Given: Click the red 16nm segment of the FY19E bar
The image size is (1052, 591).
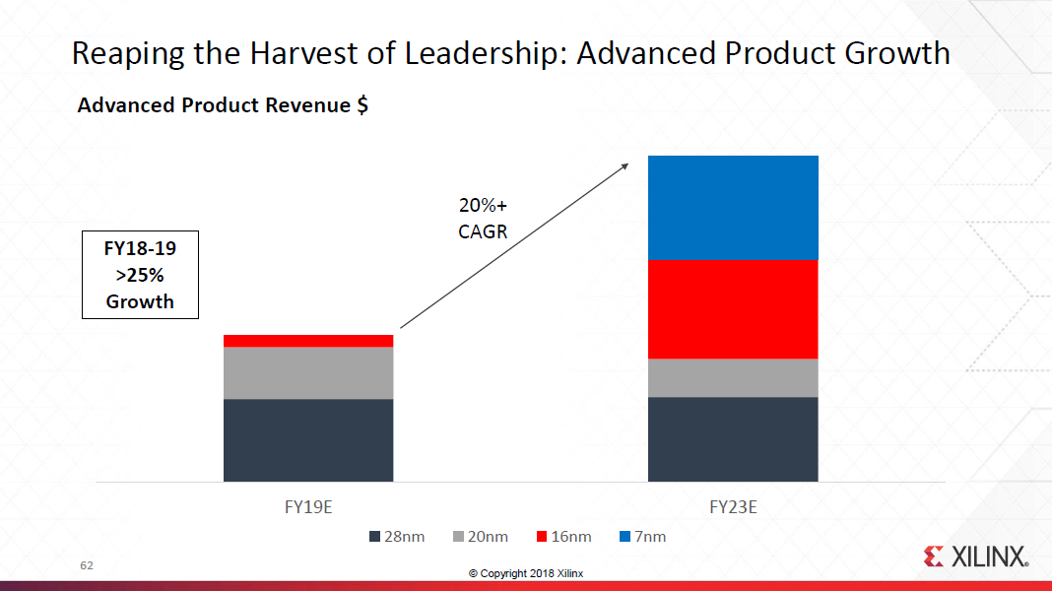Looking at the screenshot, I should (308, 341).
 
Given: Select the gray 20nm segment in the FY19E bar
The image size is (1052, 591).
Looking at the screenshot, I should (308, 372).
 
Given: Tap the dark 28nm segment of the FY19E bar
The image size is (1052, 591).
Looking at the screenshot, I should (308, 440).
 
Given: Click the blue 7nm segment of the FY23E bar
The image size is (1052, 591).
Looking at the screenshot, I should (733, 207).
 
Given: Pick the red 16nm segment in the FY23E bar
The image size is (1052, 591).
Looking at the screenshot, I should (733, 308).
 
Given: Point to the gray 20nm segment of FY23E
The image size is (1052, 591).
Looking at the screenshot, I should (733, 377).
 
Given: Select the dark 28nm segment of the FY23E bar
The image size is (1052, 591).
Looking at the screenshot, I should (733, 439).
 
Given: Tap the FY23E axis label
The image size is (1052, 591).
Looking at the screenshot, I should (733, 508).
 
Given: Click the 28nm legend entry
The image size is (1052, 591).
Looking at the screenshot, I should (397, 537).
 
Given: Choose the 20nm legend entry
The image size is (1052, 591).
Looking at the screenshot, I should (480, 537).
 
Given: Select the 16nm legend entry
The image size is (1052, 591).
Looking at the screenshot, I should (563, 537).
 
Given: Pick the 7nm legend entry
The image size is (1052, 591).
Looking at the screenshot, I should (642, 537).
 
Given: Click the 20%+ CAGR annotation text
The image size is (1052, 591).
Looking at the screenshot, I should (482, 219).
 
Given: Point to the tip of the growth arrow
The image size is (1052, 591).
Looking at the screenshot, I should (627, 164).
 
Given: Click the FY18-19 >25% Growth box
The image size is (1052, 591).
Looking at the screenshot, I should (140, 275).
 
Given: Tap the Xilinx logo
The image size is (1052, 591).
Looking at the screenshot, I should (976, 557).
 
